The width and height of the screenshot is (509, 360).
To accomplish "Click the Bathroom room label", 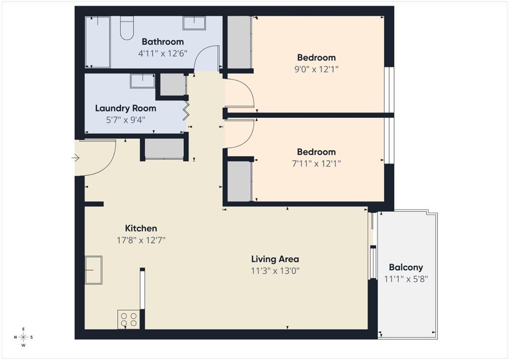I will pos(163,42).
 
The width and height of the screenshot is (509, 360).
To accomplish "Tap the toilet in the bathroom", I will pos(127,28).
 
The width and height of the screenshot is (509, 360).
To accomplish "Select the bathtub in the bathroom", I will pos(97,42).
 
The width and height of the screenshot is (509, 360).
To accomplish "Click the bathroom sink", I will pos(194,23).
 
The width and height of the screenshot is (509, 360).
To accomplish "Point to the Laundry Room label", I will pos(125,108).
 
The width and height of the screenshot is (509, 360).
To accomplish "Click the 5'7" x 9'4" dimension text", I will pos(125,119).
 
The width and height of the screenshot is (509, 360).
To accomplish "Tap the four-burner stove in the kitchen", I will pos(128,319).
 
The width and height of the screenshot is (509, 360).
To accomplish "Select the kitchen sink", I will pos(93,270).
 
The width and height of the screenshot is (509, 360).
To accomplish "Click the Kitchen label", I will pos(141,228).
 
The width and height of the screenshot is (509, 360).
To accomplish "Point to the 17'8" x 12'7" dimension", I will pos(141,240).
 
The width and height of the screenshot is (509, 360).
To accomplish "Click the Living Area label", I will pos(275,259).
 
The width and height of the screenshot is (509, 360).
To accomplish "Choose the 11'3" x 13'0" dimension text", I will pos(275,271).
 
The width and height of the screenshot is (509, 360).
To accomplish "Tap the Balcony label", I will pos(406,268).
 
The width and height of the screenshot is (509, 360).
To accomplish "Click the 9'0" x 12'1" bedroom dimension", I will pos(316,69).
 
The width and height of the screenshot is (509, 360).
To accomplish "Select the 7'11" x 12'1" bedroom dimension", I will pos(316,163).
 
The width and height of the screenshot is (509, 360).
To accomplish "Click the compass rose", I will pos(23,337).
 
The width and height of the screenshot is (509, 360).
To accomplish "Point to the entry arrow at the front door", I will pos(76,158).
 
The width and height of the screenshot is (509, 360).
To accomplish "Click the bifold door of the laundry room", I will pos(187,111).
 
